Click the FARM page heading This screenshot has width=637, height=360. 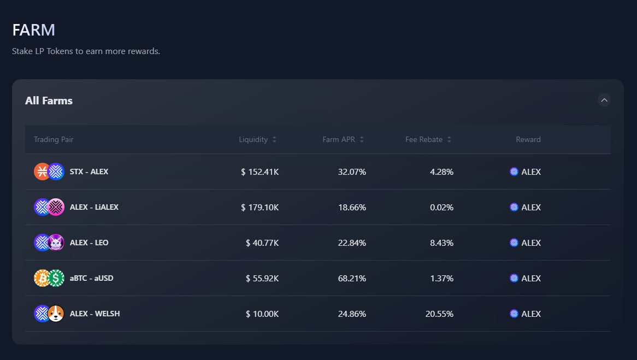click(34, 30)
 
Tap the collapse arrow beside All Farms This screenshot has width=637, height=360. click(604, 100)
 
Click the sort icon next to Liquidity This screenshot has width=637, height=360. click(274, 139)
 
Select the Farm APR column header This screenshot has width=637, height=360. click(339, 139)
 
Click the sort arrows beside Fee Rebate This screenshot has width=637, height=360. click(449, 139)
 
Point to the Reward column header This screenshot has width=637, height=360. click(528, 139)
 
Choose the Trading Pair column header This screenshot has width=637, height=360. click(54, 139)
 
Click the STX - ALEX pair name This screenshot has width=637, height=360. click(89, 172)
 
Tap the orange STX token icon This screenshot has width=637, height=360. click(42, 172)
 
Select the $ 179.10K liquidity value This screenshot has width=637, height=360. click(259, 207)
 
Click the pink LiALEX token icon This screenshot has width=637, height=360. click(56, 207)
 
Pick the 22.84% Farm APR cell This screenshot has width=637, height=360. click(352, 243)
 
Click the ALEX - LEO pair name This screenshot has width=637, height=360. click(89, 243)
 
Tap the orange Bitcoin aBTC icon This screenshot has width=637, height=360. click(42, 278)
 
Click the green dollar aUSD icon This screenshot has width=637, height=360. click(56, 278)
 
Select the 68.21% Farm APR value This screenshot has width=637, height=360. click(352, 278)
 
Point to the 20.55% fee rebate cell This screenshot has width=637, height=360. click(439, 314)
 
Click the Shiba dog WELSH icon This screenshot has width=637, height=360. click(56, 314)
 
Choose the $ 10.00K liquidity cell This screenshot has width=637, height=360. click(262, 314)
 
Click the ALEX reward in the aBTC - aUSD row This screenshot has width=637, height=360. click(526, 278)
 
